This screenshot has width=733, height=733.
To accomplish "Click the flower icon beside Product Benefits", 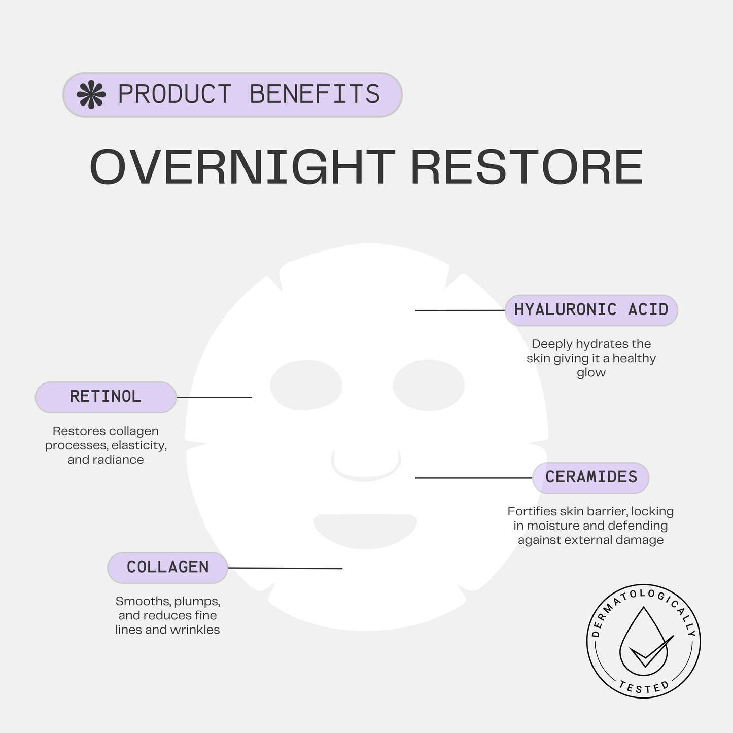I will pos(91,95).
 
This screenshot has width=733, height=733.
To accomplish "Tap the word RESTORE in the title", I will pos(527,167).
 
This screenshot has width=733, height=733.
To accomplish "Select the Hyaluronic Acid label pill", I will pos(591,310).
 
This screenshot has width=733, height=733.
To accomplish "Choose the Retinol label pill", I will pos(106,397).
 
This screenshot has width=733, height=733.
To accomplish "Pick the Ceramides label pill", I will pos(591,477).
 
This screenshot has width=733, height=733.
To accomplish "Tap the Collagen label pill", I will pos(167,567).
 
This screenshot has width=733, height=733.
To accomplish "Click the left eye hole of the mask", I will pos(306,385).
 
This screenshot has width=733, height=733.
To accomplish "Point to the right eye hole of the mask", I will pos(429,385).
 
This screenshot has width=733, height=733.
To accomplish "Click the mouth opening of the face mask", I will pos(365,530).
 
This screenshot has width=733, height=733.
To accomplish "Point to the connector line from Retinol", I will pos(214,397).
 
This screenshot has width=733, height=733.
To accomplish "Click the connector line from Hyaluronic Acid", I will pos(460,310).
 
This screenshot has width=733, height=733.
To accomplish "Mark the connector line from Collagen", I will pos(285,568).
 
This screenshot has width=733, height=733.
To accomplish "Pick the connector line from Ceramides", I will pos(473,477).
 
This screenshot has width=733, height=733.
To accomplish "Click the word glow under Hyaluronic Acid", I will pos(591,373).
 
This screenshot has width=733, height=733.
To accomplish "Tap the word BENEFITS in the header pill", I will pos(315,95).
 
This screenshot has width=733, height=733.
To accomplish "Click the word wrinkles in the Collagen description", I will pos(198,630).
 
